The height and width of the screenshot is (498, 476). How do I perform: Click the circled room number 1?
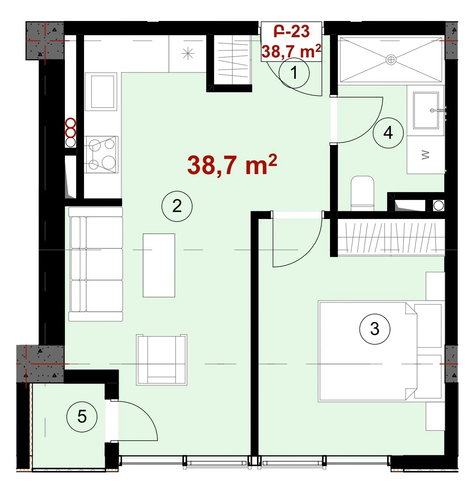(294, 73)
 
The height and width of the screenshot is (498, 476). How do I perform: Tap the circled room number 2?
(177, 206)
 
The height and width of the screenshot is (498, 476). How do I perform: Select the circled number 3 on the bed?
(375, 329)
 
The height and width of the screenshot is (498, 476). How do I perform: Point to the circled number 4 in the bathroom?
(388, 133)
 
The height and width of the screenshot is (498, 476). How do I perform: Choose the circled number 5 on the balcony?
(82, 417)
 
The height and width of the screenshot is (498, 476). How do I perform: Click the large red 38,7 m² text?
(232, 165)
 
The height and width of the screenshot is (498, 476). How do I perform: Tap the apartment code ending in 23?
(292, 32)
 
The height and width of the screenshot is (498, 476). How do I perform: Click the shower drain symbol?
(391, 60)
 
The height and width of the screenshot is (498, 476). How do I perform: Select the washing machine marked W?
(425, 155)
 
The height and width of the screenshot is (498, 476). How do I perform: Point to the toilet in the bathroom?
(362, 193)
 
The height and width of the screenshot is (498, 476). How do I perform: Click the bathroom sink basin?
(426, 110)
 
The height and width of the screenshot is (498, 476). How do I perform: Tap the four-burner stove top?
(101, 155)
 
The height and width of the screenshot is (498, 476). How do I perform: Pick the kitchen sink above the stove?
(101, 92)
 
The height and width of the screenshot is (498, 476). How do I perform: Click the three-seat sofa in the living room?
(95, 264)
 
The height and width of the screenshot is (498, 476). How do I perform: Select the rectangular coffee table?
(159, 265)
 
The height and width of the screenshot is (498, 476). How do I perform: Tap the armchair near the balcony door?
(161, 360)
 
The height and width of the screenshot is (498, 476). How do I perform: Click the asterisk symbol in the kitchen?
(188, 54)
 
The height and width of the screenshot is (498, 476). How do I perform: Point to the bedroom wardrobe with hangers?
(391, 238)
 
